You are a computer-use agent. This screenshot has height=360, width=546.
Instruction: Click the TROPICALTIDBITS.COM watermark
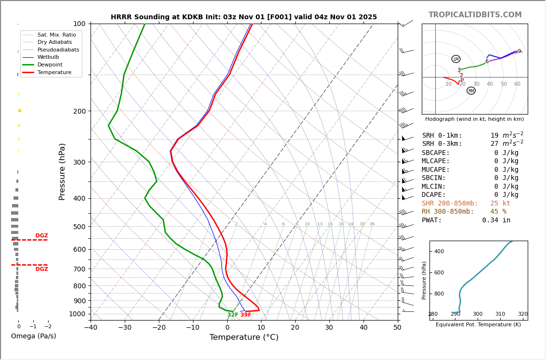point(475,15)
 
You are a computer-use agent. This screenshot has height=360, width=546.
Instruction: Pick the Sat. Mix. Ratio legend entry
point(56,35)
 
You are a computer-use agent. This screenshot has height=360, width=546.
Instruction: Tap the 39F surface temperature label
point(246,315)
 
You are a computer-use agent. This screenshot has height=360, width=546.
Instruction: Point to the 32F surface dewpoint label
point(233,315)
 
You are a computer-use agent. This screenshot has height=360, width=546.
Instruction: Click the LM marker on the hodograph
point(456,59)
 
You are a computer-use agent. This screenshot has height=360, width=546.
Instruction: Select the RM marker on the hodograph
point(471,90)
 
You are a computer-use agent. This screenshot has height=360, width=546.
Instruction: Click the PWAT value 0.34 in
point(496,220)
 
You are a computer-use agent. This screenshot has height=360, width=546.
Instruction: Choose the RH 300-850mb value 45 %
point(498,212)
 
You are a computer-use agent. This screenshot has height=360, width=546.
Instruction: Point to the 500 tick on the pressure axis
point(79,227)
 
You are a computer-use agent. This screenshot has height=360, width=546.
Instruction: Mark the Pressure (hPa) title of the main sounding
point(62,171)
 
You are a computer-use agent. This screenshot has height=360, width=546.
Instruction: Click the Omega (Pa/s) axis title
point(34,336)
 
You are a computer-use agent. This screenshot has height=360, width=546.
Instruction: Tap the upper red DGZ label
point(42,236)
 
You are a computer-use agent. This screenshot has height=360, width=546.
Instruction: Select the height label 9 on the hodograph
point(519,51)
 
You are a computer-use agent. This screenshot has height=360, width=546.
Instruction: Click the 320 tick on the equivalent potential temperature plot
point(522,314)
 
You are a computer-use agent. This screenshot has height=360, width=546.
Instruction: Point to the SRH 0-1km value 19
point(494,136)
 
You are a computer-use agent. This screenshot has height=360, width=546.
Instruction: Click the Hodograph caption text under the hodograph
point(474,119)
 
